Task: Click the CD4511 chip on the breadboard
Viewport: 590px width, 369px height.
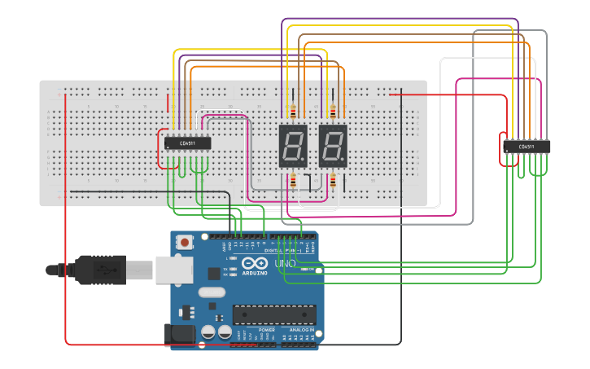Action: click(x=188, y=143)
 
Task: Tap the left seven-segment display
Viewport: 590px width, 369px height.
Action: click(x=293, y=146)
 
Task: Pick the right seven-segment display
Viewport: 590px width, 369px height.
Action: click(x=333, y=146)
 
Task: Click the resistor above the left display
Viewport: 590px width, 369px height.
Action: click(x=293, y=112)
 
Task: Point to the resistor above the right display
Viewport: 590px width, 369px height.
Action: click(x=332, y=112)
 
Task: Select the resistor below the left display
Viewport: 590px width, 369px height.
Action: click(x=293, y=182)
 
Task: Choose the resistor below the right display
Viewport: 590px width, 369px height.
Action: click(x=332, y=182)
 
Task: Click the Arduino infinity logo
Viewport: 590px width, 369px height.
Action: click(x=254, y=265)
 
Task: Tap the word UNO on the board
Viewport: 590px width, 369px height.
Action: click(x=285, y=264)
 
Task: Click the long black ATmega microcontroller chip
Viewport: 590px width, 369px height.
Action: click(x=274, y=314)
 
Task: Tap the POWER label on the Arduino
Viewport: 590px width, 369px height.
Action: click(x=267, y=330)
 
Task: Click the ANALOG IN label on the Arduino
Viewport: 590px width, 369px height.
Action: click(x=302, y=330)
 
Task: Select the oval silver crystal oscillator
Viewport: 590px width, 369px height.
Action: click(x=211, y=293)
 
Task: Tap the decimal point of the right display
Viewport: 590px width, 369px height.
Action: click(x=346, y=164)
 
